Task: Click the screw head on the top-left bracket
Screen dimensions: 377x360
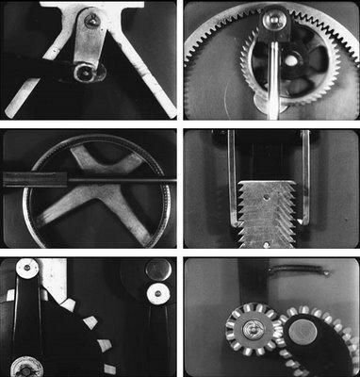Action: (91, 19)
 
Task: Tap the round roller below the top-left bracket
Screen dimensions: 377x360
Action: (86, 71)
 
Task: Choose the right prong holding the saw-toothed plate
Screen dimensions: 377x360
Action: (306, 174)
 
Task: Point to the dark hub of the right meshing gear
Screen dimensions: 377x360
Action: (303, 330)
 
